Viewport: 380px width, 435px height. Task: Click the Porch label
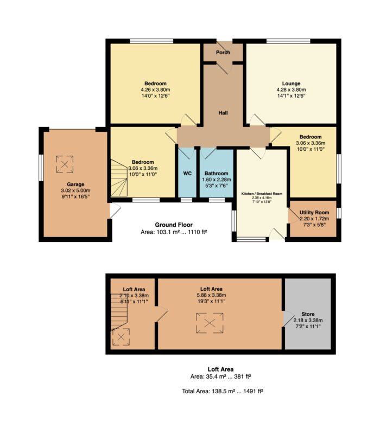223,53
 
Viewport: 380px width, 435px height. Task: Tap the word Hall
223,113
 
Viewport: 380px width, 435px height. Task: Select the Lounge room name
291,84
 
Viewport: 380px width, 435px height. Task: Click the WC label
187,174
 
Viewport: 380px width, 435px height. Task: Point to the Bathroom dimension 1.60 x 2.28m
217,180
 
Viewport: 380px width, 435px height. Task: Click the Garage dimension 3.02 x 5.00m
75,190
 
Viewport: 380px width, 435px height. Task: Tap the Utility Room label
314,213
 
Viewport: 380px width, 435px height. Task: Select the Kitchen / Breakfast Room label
262,194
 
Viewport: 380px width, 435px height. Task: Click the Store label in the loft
308,314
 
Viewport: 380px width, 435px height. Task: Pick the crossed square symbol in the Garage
65,164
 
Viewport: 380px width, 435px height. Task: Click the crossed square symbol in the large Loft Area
210,323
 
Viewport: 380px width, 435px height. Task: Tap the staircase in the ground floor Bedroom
119,178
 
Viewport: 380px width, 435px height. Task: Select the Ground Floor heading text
174,225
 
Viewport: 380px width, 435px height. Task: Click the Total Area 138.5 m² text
223,391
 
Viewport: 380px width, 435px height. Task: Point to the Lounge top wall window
288,41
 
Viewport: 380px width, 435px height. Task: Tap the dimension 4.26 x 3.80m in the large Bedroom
155,89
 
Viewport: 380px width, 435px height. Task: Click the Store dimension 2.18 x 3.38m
308,320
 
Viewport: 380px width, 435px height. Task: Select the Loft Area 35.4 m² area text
221,376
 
